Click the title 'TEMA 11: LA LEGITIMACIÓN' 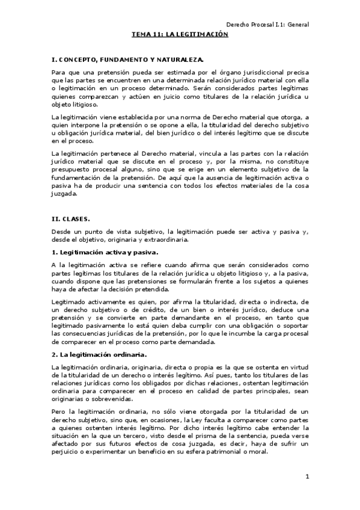(x=180, y=35)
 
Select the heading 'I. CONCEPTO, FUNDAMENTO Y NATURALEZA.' (x=127, y=60)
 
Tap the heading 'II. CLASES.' (x=71, y=220)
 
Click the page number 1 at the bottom (x=307, y=477)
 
